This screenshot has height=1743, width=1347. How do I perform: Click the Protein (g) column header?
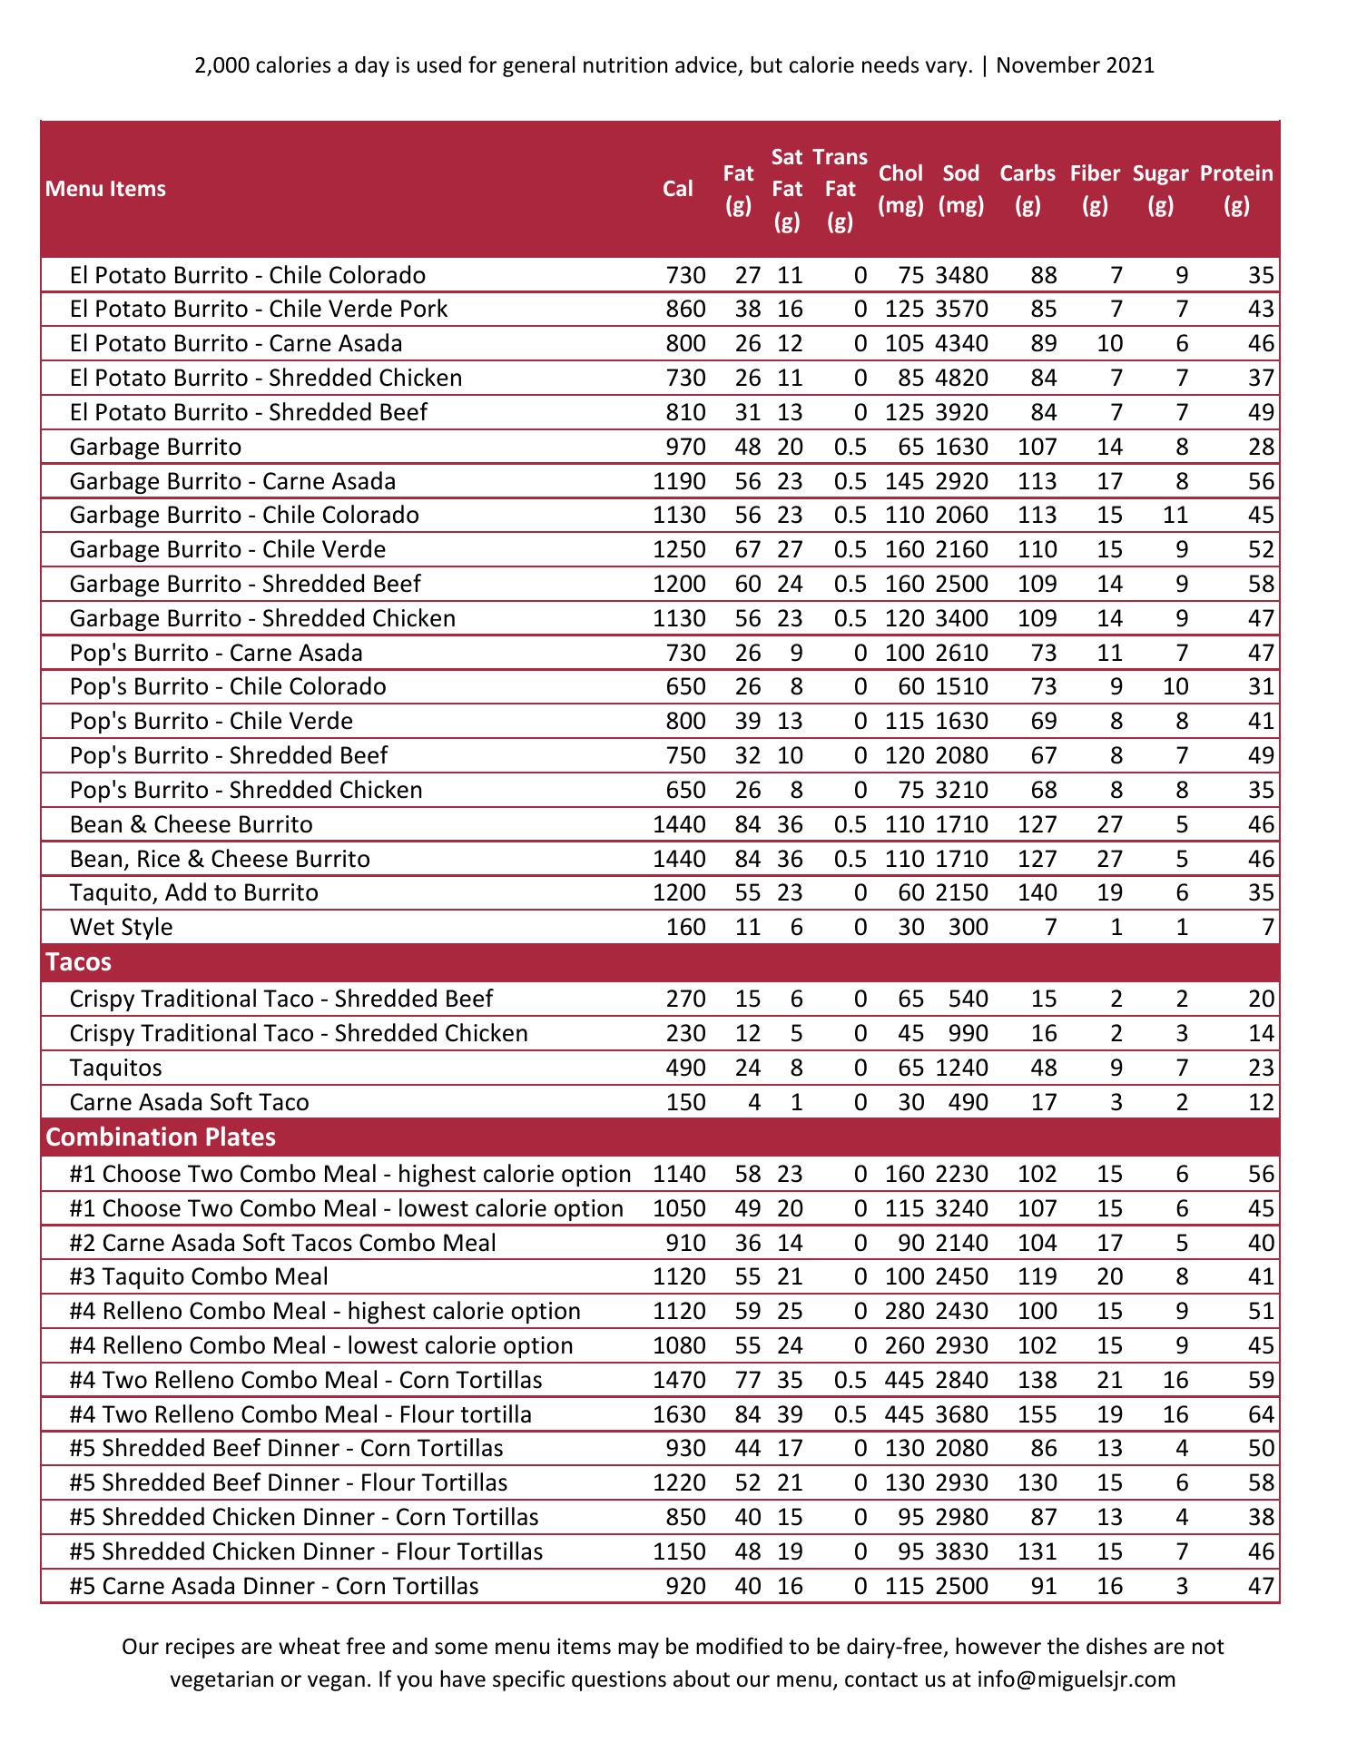(x=1236, y=189)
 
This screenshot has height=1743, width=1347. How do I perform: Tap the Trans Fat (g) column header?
(x=840, y=189)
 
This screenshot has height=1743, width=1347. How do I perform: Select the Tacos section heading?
(x=79, y=962)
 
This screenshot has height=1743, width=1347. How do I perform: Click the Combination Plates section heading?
(x=161, y=1137)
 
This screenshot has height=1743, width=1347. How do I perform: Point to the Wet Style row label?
(x=121, y=927)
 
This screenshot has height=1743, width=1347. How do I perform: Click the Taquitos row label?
(x=115, y=1068)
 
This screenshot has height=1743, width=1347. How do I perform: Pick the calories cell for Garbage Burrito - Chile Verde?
(x=679, y=549)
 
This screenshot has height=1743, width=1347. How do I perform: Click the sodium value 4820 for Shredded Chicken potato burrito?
(x=961, y=378)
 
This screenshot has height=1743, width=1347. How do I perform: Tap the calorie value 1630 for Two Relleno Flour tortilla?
(x=679, y=1414)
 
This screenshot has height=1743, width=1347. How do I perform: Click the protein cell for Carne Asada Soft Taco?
(x=1261, y=1102)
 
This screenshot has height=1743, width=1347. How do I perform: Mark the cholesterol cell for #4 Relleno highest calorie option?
(x=904, y=1311)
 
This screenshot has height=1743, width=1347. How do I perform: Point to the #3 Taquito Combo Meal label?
(x=199, y=1276)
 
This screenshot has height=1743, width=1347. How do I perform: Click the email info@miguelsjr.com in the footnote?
(x=1076, y=1679)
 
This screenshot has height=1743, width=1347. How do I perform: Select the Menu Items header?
(x=105, y=189)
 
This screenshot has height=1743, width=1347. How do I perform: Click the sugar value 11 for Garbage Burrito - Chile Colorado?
(x=1175, y=515)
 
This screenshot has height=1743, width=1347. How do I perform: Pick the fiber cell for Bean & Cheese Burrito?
(x=1109, y=824)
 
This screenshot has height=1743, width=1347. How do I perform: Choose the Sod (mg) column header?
(x=961, y=189)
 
